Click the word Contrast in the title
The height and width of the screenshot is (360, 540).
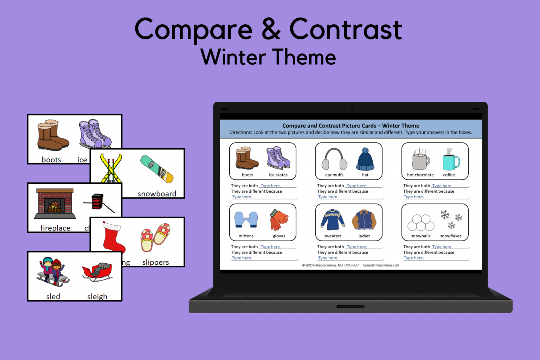tap(346, 30)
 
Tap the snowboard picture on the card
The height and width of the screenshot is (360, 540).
tap(157, 169)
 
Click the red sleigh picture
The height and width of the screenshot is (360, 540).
tap(97, 272)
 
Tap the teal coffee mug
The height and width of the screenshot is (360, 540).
tap(451, 161)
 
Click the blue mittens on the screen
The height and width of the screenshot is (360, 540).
tap(246, 220)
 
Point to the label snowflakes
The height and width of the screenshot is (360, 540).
tap(451, 236)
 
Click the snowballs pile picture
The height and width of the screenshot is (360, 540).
tap(420, 222)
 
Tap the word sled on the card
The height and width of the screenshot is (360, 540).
tap(53, 296)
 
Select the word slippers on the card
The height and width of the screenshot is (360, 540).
tap(155, 262)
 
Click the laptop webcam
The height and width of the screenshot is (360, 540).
tap(351, 109)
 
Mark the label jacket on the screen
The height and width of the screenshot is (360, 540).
tap(364, 236)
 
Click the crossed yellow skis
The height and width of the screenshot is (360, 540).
tap(111, 168)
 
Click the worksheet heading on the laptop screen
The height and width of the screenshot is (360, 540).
tap(351, 126)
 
